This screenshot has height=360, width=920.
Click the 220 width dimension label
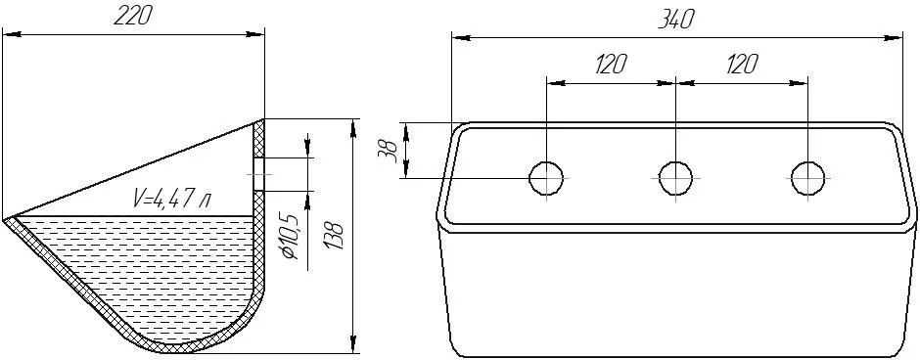(132, 17)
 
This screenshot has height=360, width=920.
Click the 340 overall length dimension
(677, 21)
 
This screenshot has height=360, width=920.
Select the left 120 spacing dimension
(610, 65)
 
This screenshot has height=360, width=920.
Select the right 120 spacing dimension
(742, 65)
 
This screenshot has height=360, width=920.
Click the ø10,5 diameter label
(291, 237)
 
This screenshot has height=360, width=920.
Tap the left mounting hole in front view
(546, 177)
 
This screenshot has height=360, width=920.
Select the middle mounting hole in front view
(676, 177)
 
